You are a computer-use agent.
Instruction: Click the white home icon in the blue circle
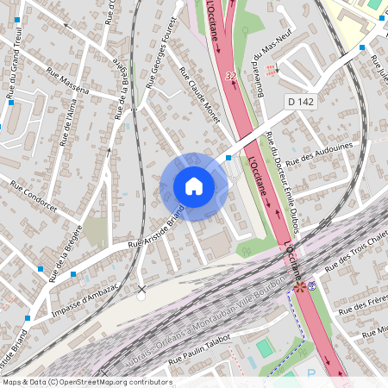194,186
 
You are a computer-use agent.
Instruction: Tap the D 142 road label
302,103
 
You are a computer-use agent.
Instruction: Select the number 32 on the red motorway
229,76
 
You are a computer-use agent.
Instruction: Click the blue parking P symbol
310,376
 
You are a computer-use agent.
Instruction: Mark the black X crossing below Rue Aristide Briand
141,289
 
